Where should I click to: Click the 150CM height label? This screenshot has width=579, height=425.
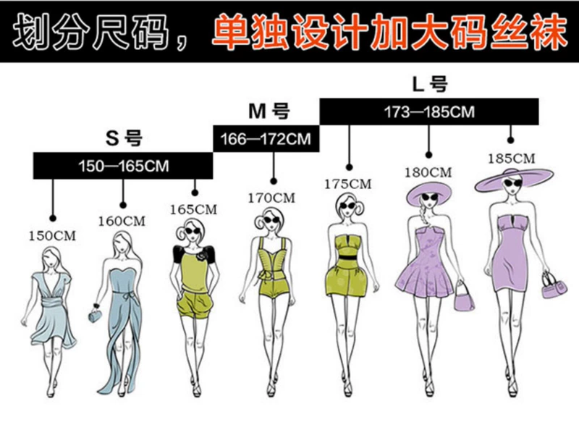coord(52,235)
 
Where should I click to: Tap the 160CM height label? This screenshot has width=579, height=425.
coord(122,221)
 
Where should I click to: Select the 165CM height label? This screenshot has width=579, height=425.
coord(194,209)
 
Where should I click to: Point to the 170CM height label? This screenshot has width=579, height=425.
coord(272,197)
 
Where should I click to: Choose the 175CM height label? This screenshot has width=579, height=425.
coord(348,184)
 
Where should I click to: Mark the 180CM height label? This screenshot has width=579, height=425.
coord(428,172)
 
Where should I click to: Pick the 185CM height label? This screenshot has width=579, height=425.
coord(511,158)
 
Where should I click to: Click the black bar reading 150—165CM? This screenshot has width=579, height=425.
coord(123,166)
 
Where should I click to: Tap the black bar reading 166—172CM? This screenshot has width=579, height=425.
coord(266,139)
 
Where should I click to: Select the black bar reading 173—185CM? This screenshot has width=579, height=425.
coord(428,111)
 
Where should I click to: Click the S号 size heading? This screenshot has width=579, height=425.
coord(124,137)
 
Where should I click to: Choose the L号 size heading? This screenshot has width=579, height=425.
coord(429,84)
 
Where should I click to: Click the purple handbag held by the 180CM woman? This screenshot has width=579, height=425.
coord(462,298)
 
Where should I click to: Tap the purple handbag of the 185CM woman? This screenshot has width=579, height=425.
coord(554,287)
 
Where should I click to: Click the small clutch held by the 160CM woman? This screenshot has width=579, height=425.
coord(94,316)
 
